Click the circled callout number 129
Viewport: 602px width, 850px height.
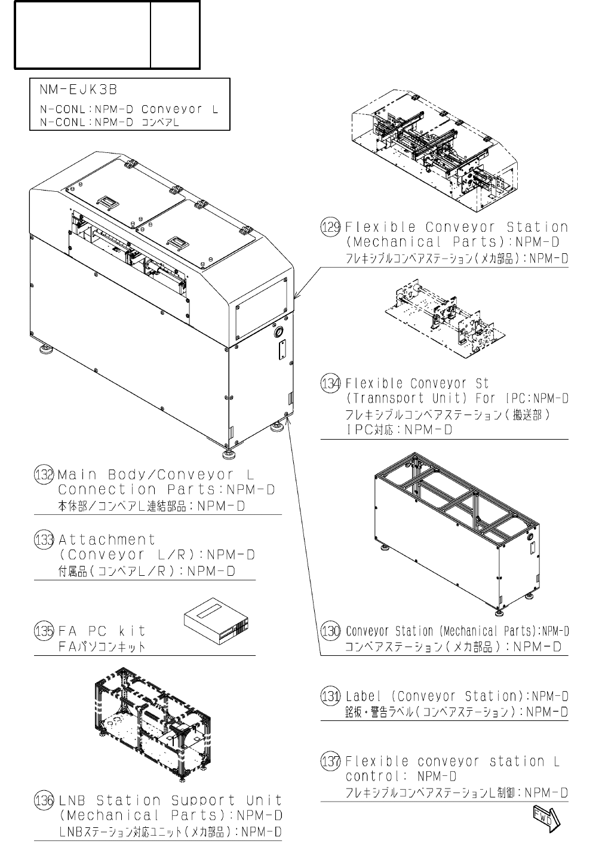coord(331,228)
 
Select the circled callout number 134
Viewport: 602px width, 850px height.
coord(331,383)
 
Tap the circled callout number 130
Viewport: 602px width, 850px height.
coord(331,631)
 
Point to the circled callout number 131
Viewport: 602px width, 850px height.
coord(331,696)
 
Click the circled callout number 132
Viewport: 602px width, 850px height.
coord(44,475)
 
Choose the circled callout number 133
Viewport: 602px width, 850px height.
coord(44,540)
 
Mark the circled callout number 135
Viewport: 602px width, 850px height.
coord(44,631)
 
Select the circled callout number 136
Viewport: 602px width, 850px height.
coord(44,800)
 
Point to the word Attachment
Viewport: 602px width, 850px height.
coord(107,540)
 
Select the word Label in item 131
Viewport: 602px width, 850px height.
coord(364,696)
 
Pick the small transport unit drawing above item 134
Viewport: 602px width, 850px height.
coord(443,320)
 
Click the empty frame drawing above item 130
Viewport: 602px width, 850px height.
coord(457,535)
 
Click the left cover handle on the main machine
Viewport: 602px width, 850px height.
coord(108,202)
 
